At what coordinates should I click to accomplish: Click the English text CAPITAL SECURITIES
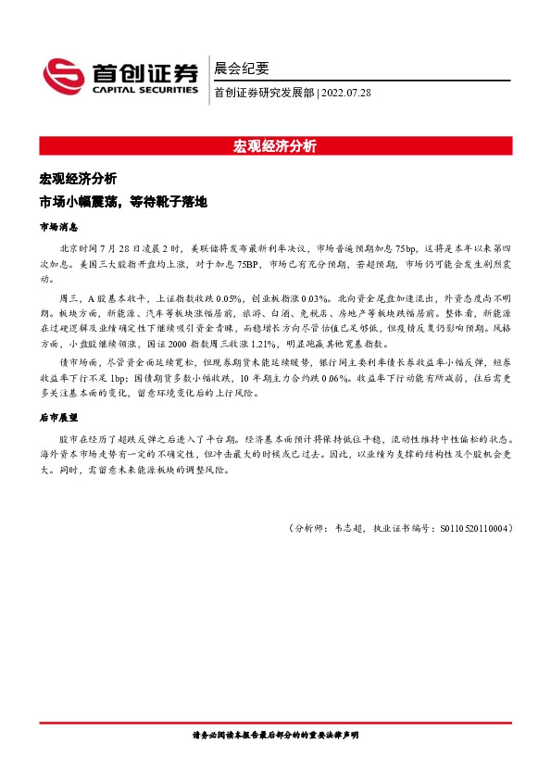144,91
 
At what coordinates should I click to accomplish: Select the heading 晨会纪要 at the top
242,68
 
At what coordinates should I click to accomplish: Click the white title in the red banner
275,145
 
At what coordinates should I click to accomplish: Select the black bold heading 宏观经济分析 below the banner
78,178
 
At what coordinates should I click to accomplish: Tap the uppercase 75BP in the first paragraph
246,264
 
